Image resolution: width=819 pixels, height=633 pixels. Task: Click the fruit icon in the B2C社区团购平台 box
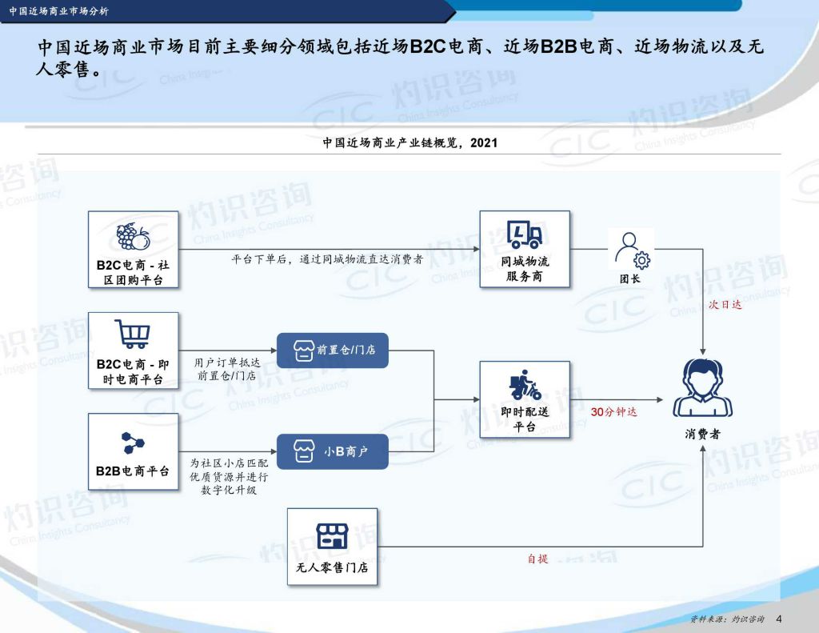pyautogui.click(x=133, y=237)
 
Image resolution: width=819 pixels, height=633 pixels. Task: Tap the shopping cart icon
pyautogui.click(x=132, y=334)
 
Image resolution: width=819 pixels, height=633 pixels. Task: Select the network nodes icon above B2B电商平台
pyautogui.click(x=133, y=443)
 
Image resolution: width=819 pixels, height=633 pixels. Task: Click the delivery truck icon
pyautogui.click(x=525, y=233)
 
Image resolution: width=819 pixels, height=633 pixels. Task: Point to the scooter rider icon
pyautogui.click(x=525, y=385)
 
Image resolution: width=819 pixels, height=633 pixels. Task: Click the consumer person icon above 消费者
pyautogui.click(x=702, y=388)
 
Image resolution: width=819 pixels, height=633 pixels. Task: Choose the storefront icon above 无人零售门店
pyautogui.click(x=332, y=536)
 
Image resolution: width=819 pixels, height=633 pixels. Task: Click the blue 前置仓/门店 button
pyautogui.click(x=332, y=351)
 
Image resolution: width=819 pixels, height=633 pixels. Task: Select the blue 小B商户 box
pyautogui.click(x=332, y=451)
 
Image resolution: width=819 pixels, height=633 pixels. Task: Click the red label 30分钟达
pyautogui.click(x=613, y=412)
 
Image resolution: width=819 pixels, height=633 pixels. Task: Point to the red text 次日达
pyautogui.click(x=725, y=304)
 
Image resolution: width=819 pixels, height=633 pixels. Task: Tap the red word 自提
pyautogui.click(x=537, y=559)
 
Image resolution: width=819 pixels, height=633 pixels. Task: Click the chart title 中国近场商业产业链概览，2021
pyautogui.click(x=410, y=142)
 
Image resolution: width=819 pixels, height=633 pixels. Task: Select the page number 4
pyautogui.click(x=779, y=619)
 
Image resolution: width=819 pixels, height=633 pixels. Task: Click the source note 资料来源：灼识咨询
pyautogui.click(x=727, y=619)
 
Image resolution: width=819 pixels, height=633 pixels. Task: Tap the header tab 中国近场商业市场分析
pyautogui.click(x=59, y=11)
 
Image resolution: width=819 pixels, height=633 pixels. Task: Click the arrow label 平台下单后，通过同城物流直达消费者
pyautogui.click(x=327, y=259)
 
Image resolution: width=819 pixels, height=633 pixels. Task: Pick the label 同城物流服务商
pyautogui.click(x=525, y=269)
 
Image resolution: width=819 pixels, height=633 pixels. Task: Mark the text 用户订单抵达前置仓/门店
pyautogui.click(x=226, y=369)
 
